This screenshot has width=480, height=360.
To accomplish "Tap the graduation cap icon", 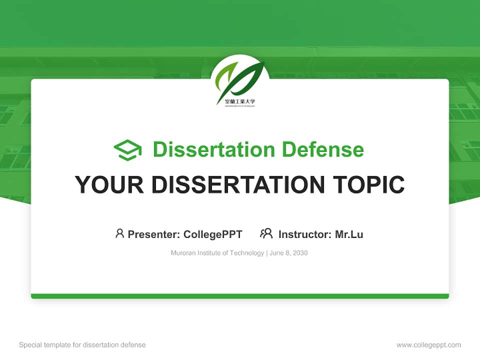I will click(x=127, y=150).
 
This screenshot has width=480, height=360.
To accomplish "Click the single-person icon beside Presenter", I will click(x=119, y=233).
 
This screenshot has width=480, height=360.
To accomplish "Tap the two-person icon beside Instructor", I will click(x=266, y=233).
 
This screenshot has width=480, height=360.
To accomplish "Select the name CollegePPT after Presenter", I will click(x=213, y=234).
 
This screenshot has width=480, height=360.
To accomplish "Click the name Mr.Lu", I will click(x=349, y=234).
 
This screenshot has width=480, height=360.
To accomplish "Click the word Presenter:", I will click(x=154, y=234).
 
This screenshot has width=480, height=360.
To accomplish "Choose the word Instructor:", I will click(x=305, y=234).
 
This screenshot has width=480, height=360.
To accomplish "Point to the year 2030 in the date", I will click(x=300, y=253).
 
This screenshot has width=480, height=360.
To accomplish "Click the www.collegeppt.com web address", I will click(x=428, y=345).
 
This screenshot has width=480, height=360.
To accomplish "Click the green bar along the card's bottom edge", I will click(x=240, y=296).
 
